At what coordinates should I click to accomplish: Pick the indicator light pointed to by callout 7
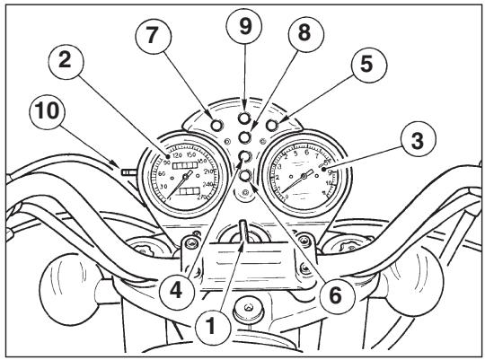pyautogui.click(x=216, y=123)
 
